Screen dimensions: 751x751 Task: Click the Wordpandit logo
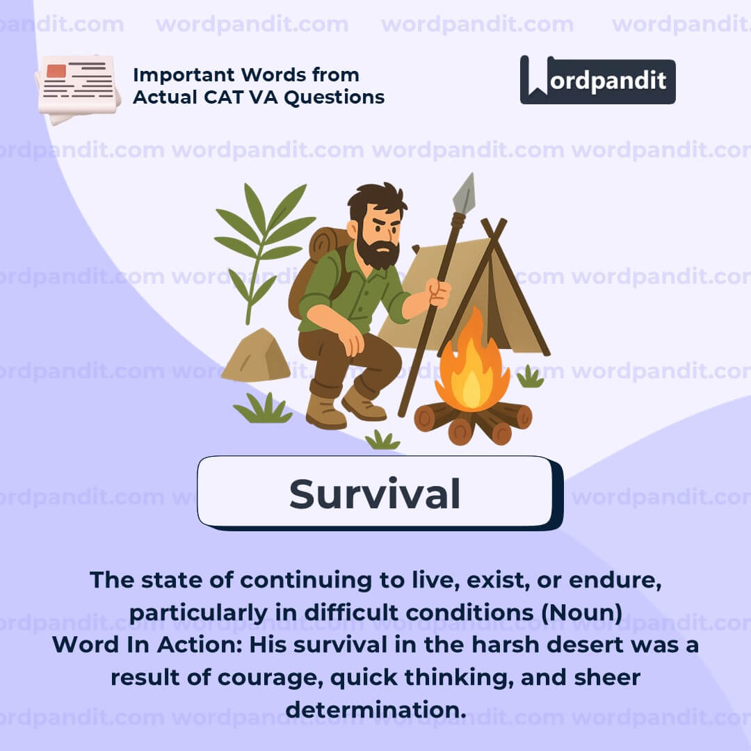(x=597, y=80)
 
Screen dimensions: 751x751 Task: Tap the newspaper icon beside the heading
(x=78, y=89)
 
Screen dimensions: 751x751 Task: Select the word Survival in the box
(x=375, y=494)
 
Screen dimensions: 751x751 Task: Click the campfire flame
(x=472, y=364)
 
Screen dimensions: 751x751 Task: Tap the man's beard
(x=378, y=249)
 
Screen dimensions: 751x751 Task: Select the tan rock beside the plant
(x=256, y=355)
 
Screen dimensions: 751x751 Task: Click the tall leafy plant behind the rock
(x=261, y=249)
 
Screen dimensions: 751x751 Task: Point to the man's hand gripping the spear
(x=439, y=291)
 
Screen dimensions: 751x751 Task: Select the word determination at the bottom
(x=375, y=709)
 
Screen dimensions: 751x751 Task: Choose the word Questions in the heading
(x=334, y=97)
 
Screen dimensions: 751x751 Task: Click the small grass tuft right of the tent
(x=530, y=377)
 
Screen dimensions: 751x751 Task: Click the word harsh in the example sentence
(x=506, y=645)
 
